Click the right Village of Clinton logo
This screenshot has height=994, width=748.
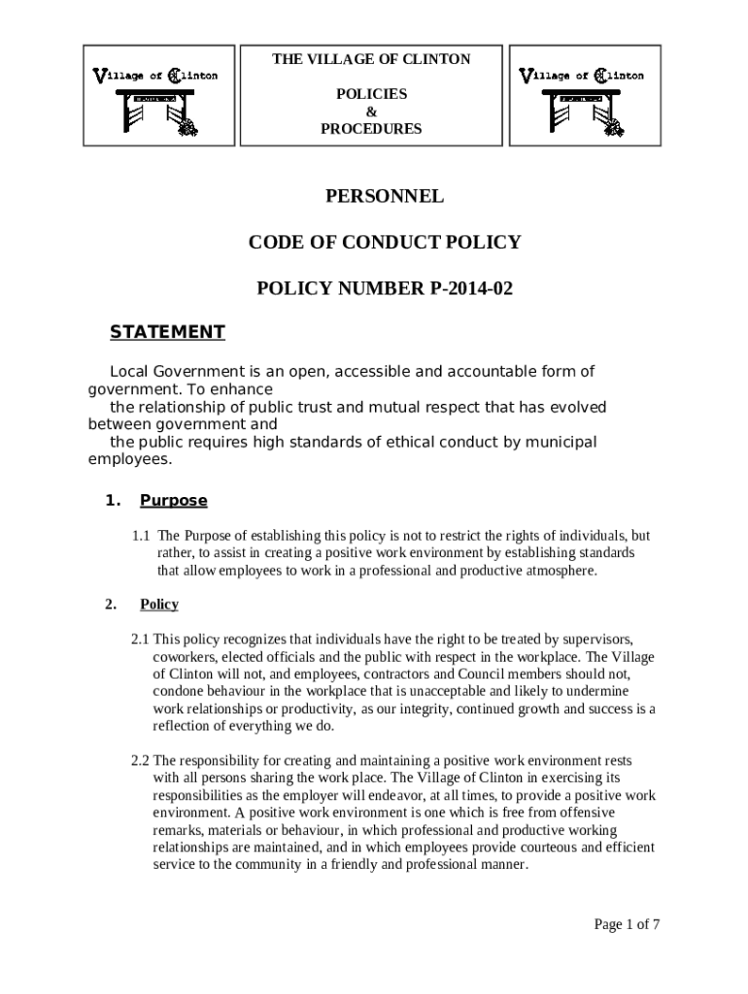click(x=582, y=96)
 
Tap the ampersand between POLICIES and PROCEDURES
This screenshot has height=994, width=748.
click(x=371, y=112)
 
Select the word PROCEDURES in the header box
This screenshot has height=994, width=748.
click(x=371, y=128)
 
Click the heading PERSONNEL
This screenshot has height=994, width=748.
click(x=384, y=196)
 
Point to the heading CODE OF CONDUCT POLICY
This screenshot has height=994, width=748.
click(x=384, y=243)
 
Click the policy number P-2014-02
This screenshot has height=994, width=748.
click(x=463, y=288)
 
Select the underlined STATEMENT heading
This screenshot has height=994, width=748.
click(x=167, y=332)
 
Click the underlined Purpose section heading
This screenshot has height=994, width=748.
click(x=174, y=501)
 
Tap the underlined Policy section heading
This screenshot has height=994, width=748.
click(x=159, y=604)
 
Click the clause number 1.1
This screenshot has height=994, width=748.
click(x=142, y=536)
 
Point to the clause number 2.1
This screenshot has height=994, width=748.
click(x=140, y=639)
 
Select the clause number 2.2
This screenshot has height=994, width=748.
click(x=140, y=760)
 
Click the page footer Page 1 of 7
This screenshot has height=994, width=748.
click(x=627, y=924)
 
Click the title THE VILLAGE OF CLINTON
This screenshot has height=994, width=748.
click(x=371, y=59)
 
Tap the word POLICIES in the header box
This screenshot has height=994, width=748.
click(x=371, y=94)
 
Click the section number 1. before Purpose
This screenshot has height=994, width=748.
click(x=112, y=501)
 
